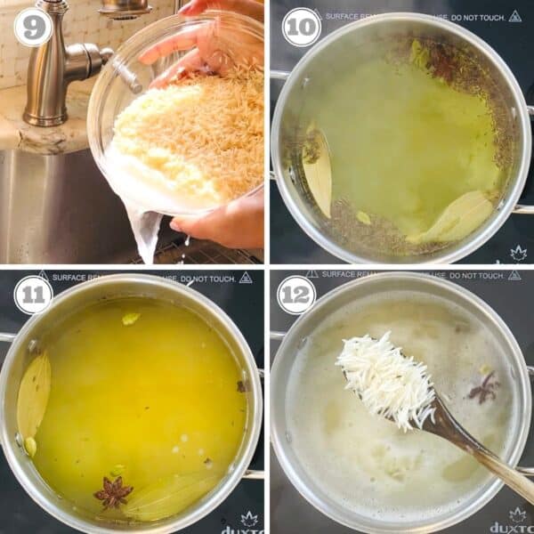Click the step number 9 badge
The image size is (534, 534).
(x=32, y=27)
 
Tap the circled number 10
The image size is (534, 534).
(x=301, y=27)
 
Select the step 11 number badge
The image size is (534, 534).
(x=32, y=295)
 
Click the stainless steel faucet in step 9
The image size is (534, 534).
(x=53, y=71)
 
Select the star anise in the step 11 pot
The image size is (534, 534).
(x=113, y=491)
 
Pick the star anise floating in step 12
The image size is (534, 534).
(x=484, y=387)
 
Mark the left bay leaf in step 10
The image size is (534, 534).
(x=315, y=169)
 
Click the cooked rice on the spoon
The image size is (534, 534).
(x=387, y=378)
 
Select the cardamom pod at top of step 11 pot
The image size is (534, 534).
(x=131, y=318)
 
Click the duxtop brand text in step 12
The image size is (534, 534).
(x=512, y=527)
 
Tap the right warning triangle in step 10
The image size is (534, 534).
(x=515, y=16)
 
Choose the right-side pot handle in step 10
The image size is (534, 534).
(x=523, y=209)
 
